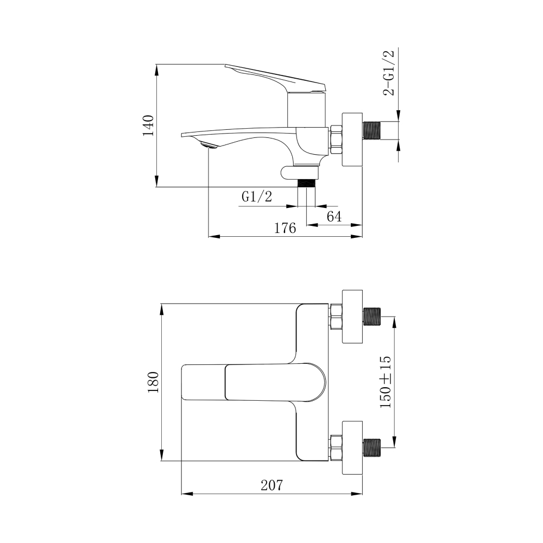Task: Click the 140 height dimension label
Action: click(x=148, y=126)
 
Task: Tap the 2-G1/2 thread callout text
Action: click(x=388, y=73)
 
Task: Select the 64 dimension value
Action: click(x=334, y=217)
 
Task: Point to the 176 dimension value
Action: click(x=285, y=228)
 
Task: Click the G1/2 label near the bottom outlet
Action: click(x=257, y=197)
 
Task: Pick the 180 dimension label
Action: click(x=153, y=382)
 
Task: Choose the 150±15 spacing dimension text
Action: click(x=385, y=382)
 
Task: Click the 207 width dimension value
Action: click(x=272, y=485)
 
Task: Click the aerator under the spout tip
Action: click(x=209, y=146)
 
